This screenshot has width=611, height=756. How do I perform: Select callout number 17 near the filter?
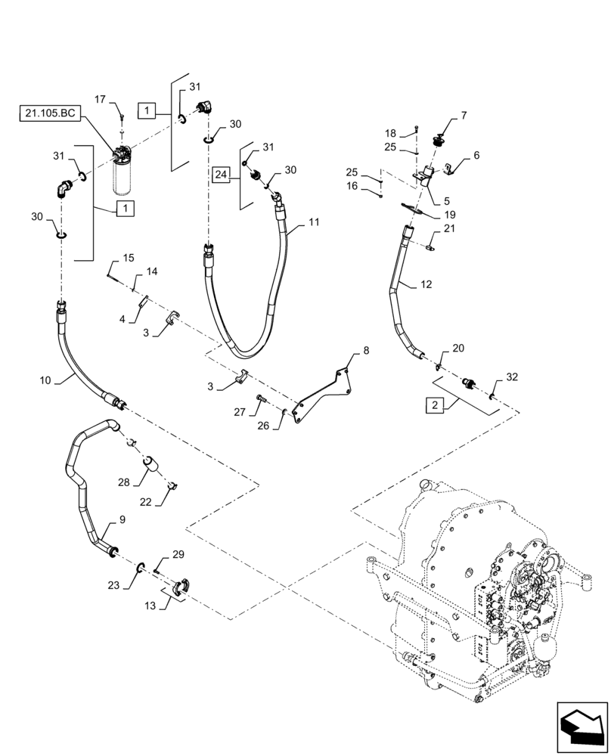point(100,98)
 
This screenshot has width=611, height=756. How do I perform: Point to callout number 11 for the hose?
point(314,225)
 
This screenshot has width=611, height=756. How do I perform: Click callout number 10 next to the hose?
point(45,381)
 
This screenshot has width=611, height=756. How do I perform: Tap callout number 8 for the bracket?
point(366,350)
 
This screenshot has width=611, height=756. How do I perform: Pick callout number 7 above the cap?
point(463,116)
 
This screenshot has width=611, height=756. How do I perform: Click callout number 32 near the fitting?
point(513,376)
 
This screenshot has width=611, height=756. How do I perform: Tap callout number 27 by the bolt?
point(240,413)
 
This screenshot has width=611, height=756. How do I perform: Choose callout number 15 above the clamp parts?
point(128,258)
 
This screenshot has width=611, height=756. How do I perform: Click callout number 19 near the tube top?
point(449,214)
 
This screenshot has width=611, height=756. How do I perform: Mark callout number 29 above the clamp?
point(178,555)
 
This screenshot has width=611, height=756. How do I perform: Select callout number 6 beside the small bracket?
point(476,155)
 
